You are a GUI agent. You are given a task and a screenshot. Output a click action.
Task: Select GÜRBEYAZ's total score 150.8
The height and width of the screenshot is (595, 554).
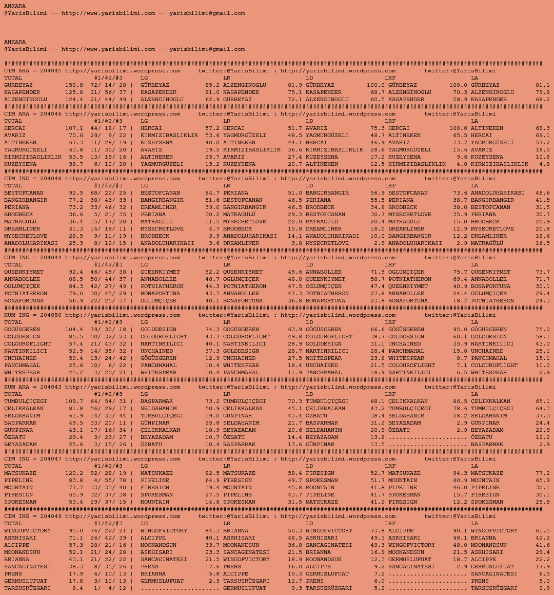point(74,85)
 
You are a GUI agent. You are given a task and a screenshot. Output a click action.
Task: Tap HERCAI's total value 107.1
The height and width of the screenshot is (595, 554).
point(74,128)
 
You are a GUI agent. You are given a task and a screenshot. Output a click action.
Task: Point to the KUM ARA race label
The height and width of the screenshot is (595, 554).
point(18,387)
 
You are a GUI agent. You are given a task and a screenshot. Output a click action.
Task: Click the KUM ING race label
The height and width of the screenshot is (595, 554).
point(18,315)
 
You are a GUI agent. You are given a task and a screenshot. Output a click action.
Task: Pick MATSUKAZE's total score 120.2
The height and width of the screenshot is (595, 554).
point(74,473)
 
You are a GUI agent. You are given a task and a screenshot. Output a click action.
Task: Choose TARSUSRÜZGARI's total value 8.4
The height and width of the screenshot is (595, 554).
point(77,588)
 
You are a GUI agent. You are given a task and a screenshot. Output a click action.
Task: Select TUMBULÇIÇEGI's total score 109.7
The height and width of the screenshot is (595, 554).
point(74,401)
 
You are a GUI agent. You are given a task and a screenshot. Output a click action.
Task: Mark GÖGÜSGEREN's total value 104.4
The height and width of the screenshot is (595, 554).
point(74,330)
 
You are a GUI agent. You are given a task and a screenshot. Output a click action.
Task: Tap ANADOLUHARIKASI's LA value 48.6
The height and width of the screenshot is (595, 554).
point(542,193)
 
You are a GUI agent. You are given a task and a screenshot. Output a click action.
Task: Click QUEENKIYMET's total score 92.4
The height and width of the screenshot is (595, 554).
point(75,272)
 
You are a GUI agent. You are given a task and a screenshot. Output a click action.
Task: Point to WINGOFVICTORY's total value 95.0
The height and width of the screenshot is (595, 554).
point(75,531)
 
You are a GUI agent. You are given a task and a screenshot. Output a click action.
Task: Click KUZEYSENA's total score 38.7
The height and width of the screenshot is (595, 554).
point(75,164)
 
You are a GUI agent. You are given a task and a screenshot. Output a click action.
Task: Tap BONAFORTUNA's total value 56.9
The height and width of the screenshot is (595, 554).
point(75,301)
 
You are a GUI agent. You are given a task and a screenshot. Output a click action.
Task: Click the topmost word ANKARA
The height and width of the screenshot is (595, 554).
point(15,6)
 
